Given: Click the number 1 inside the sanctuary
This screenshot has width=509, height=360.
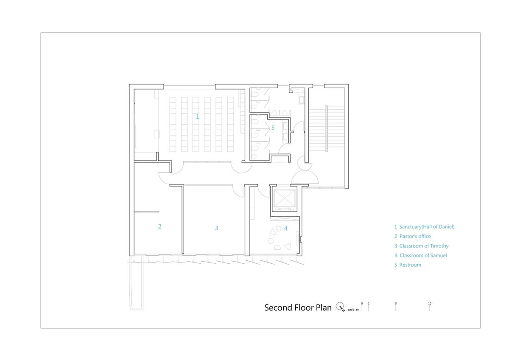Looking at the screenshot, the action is (x=198, y=117).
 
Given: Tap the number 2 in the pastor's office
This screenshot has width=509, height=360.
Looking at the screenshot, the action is (x=160, y=226).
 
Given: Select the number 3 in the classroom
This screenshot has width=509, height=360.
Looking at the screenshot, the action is (x=217, y=228).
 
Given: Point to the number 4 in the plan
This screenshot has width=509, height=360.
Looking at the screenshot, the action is (x=285, y=228).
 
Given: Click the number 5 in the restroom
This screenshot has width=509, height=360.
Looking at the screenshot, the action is (x=273, y=128).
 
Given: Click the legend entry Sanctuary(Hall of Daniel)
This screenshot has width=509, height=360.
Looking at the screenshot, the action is (x=427, y=227).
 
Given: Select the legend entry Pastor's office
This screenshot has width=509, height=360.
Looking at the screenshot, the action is (x=415, y=236).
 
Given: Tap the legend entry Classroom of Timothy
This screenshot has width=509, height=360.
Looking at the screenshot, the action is (x=424, y=246).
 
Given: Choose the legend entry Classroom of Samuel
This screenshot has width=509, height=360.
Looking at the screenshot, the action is (x=423, y=256).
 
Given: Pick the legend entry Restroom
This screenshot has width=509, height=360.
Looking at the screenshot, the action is (x=411, y=265).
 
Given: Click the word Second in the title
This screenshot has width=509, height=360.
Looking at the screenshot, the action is (x=278, y=307).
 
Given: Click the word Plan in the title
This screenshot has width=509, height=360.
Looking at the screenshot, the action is (x=324, y=307).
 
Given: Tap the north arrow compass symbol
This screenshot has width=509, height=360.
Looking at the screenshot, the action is (x=340, y=307).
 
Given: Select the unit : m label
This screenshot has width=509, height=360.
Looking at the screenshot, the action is (x=354, y=310).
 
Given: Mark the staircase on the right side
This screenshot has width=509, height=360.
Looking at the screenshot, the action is (x=327, y=128).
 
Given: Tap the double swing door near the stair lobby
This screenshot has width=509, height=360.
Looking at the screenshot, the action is (x=305, y=178).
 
